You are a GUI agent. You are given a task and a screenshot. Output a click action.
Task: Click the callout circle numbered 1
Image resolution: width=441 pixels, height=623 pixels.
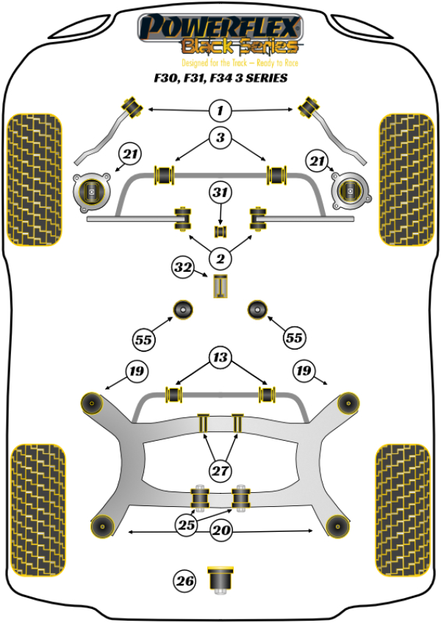[220, 112]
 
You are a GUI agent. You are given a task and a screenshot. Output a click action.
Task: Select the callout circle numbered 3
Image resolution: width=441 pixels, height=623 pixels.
[220, 137]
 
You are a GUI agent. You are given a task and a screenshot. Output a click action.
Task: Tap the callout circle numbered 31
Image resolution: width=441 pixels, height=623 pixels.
[220, 193]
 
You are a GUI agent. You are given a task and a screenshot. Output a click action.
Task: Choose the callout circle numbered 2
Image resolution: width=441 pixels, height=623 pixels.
[220, 258]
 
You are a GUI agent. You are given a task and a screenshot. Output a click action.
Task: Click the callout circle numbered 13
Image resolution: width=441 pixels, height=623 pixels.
[220, 359]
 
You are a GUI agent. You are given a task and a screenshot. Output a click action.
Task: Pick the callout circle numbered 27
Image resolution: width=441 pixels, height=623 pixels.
[220, 470]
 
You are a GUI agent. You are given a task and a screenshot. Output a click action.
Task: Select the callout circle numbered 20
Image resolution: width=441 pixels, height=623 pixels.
[220, 530]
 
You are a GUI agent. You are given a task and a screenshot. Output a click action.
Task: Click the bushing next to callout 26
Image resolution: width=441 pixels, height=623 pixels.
[220, 577]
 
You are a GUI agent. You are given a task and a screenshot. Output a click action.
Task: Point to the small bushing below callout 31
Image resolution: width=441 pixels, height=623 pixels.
[220, 232]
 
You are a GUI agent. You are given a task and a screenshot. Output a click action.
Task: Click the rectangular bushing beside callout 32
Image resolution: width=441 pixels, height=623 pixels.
[220, 285]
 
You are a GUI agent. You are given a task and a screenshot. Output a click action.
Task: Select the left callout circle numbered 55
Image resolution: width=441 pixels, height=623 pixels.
[143, 339]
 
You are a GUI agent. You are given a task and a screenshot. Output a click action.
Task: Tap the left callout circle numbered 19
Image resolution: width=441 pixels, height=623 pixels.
[137, 371]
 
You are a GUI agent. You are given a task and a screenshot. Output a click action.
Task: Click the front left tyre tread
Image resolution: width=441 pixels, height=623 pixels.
[34, 179]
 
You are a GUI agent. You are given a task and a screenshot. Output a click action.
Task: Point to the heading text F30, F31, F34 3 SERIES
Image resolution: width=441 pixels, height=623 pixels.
[220, 78]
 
